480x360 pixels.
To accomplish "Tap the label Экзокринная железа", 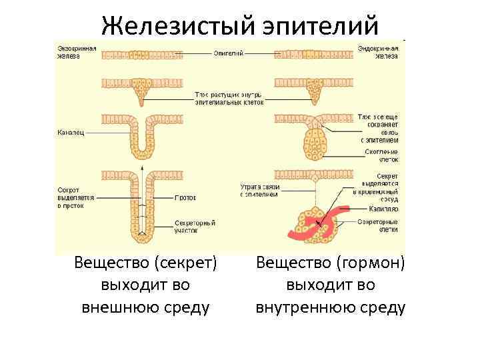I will pos(77,53).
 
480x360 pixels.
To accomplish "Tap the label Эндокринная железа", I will pos(379,53).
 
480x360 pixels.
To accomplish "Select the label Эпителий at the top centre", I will pos(228,53).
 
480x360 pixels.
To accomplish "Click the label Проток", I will pos(185,198).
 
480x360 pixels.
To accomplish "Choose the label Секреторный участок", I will pos(193,225).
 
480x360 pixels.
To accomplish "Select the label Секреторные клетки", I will pos(379,225).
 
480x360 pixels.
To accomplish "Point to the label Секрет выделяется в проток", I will pos(76,198).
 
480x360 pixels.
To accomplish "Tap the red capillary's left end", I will pos(291,234).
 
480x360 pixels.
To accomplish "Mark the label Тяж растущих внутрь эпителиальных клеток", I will pos(229,99).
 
